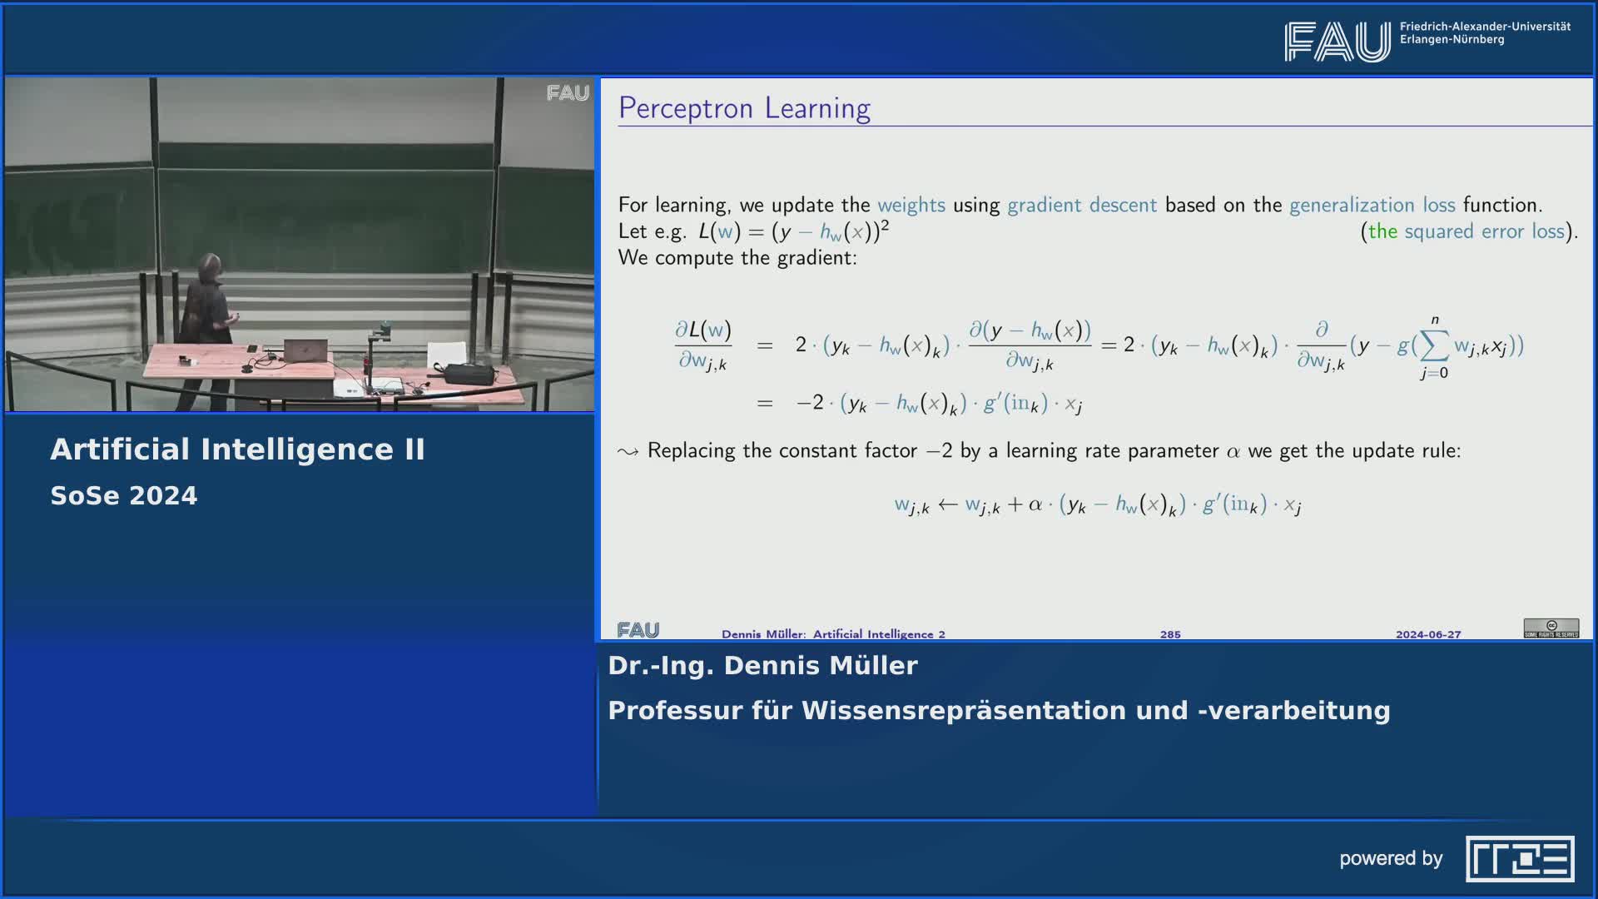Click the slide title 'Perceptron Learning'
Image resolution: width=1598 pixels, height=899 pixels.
coord(744,109)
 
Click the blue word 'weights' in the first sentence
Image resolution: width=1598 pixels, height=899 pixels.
coord(911,206)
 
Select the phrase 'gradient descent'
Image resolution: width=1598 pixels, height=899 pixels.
coord(1082,206)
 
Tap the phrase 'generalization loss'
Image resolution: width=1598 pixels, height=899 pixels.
coord(1372,206)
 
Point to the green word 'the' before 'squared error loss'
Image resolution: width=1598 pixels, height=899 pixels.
coord(1382,231)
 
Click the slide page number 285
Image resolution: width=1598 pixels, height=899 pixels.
coord(1170,634)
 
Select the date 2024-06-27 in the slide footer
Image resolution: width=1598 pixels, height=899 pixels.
coord(1428,634)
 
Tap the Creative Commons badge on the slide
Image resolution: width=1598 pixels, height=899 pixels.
coord(1551,628)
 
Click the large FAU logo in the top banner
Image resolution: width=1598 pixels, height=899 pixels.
coord(1337,42)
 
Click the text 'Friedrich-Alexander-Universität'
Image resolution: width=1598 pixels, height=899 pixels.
coord(1486,27)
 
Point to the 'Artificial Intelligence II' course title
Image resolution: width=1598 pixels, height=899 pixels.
coord(238,449)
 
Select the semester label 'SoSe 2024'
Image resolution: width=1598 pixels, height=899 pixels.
coord(124,496)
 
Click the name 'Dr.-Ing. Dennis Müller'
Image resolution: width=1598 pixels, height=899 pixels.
coord(762,666)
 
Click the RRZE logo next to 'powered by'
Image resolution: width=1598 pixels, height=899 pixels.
coord(1520,858)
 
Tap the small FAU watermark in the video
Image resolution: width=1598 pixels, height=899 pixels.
coord(568,93)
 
